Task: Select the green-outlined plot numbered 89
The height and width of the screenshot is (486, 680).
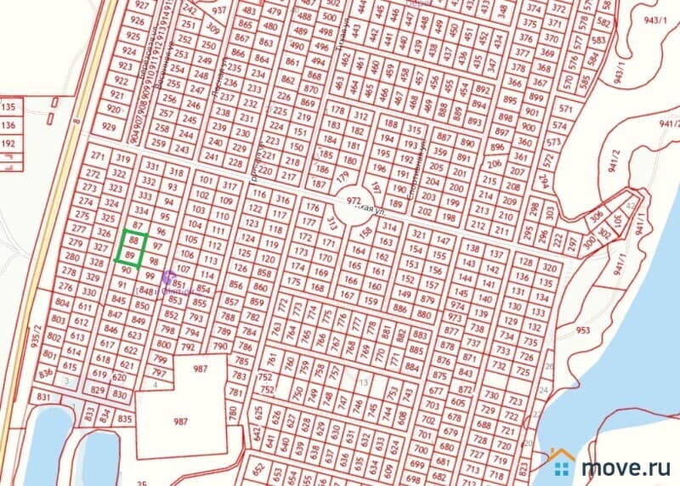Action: coord(130,255)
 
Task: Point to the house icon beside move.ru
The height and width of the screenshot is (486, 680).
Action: coord(561,462)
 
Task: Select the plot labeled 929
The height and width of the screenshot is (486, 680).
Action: coord(108,127)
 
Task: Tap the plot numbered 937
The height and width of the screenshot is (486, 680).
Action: coord(220,10)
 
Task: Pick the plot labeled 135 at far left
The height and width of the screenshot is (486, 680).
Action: coord(9,108)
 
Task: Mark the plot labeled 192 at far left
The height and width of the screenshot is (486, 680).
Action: coord(9,144)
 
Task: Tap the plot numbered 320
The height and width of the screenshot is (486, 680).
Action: coord(550,267)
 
